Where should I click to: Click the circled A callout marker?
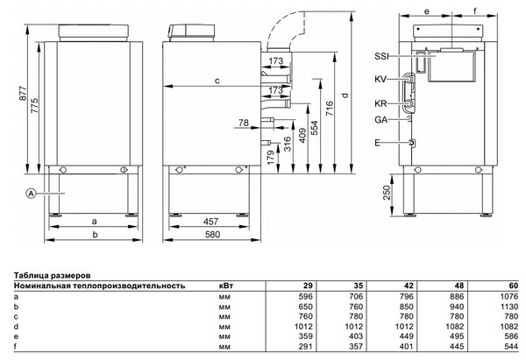(31, 193)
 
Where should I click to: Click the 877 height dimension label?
(22, 94)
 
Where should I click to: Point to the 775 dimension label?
(34, 105)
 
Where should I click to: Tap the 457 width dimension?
(211, 222)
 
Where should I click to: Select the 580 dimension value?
(212, 234)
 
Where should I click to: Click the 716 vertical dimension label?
(330, 109)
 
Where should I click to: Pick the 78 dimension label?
(244, 123)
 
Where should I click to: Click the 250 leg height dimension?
(387, 193)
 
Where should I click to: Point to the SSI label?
(381, 56)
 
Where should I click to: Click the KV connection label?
(380, 80)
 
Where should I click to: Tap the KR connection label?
(380, 103)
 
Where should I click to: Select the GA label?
(380, 120)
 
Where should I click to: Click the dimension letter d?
(345, 95)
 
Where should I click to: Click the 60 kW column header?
(513, 286)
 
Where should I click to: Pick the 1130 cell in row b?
(509, 307)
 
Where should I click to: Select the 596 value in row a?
(305, 296)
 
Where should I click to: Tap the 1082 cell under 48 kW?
(455, 326)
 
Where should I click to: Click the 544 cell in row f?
(511, 346)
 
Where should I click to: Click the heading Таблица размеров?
(52, 276)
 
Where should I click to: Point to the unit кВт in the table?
(226, 286)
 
